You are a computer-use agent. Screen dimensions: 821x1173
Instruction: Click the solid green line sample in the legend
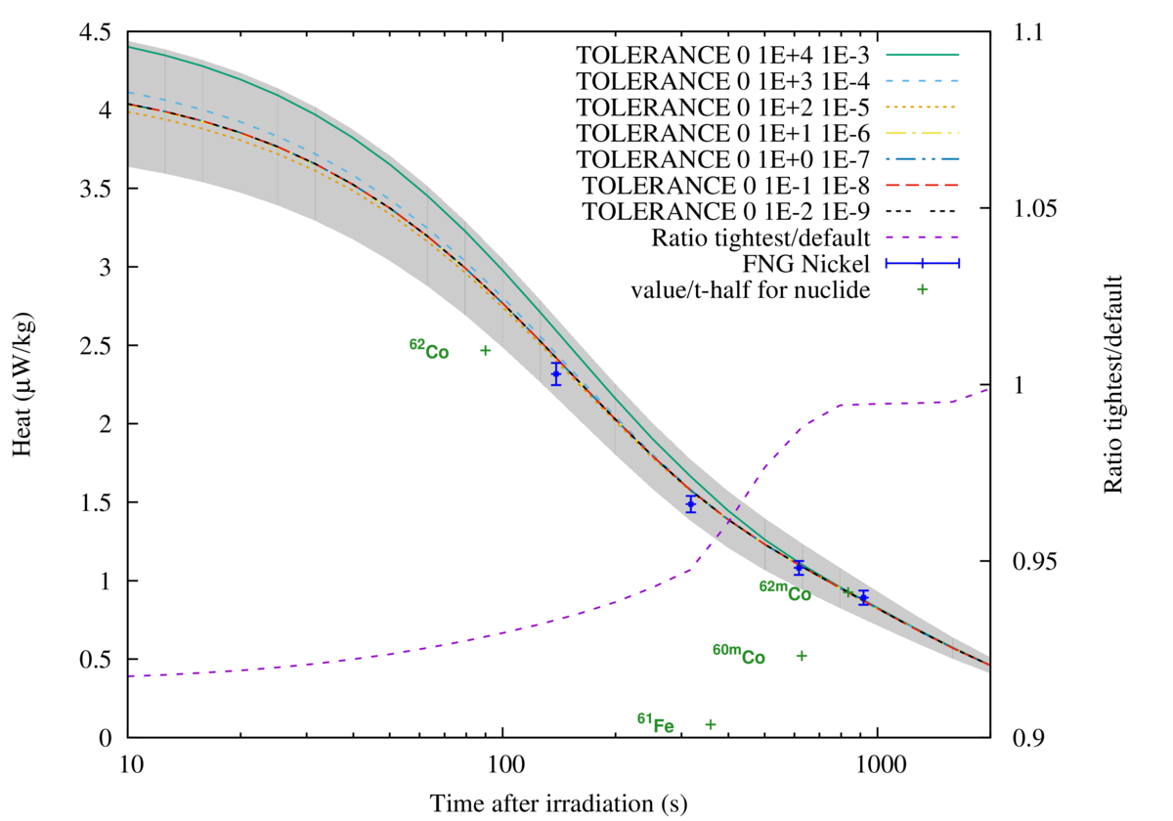tap(922, 55)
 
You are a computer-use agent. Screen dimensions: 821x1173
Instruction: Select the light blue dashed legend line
tap(922, 81)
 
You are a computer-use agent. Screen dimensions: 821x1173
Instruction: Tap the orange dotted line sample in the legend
tap(922, 107)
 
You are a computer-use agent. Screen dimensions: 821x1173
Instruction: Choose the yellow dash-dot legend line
tap(922, 133)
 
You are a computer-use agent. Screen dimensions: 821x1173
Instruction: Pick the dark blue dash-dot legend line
tap(922, 158)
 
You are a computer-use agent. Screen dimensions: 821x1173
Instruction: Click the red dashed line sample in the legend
tap(922, 185)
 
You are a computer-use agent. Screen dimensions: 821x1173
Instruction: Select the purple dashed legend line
tap(922, 237)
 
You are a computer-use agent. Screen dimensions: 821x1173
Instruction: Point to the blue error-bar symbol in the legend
tap(922, 263)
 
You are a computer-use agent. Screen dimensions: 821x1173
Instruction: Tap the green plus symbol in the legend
tap(922, 289)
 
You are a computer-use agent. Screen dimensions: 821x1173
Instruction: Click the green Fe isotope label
tap(656, 723)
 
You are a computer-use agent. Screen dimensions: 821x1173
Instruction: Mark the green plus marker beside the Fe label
tap(711, 724)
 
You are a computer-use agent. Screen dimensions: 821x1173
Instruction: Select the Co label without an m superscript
tap(429, 349)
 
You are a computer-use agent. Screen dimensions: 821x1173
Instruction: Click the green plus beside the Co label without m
tap(485, 350)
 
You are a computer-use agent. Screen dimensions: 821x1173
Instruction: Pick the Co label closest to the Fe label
tap(739, 654)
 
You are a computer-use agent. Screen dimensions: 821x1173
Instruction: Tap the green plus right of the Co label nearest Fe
tap(802, 656)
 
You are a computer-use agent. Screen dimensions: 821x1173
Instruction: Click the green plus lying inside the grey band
tap(847, 591)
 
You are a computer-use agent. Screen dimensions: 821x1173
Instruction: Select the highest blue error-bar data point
tap(556, 373)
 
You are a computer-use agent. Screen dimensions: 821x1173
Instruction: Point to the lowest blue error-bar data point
tap(863, 597)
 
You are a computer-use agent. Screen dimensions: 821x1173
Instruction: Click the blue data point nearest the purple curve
tap(691, 503)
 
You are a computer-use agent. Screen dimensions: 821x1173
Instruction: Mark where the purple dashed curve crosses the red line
tap(728, 520)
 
